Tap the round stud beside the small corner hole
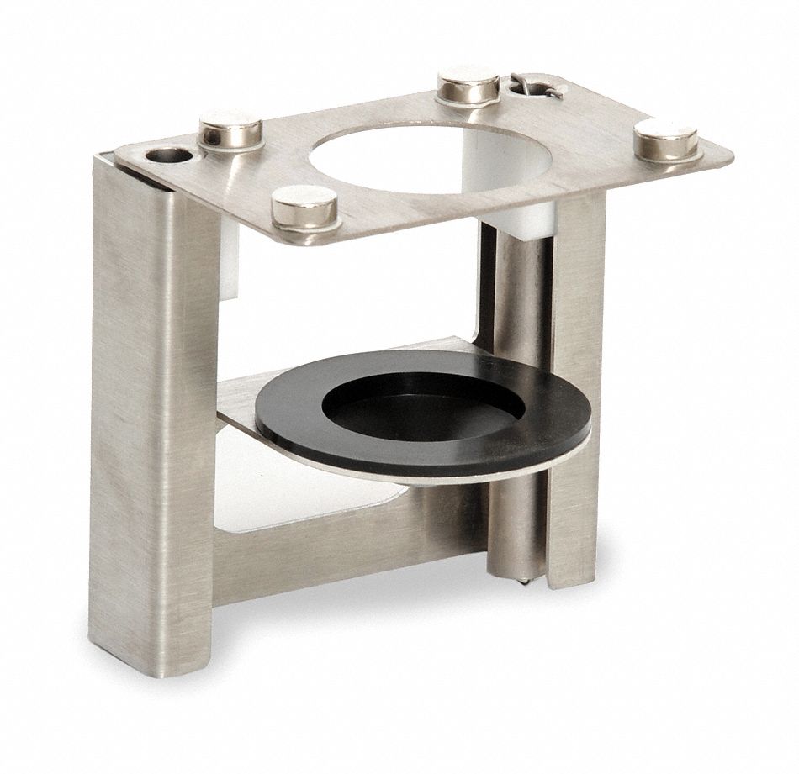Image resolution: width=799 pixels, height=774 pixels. [x=230, y=129]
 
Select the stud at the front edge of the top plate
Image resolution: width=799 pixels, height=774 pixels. [x=305, y=207]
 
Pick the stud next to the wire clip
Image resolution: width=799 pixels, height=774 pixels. [x=468, y=85]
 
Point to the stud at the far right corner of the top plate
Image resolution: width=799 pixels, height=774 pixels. [x=665, y=139]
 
